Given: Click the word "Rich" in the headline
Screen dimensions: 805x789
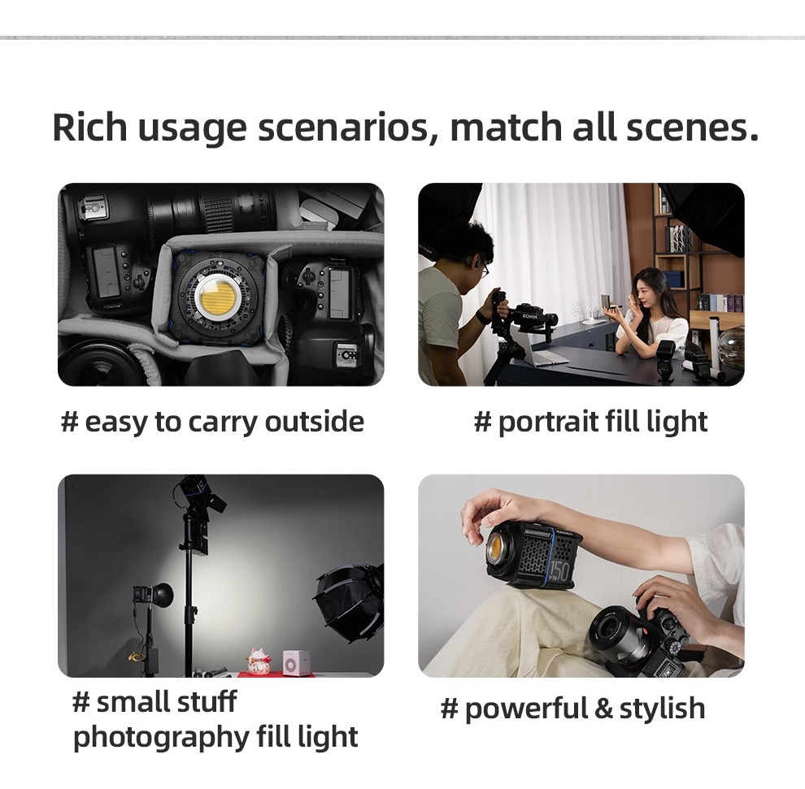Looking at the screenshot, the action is click(x=89, y=127).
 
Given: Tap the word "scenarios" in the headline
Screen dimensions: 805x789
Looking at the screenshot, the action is click(x=343, y=128).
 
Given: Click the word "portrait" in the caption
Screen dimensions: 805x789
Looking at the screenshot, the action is click(x=548, y=423).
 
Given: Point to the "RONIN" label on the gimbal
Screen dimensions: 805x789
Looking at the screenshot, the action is click(x=530, y=317).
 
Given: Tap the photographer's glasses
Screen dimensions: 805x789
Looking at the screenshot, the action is click(x=484, y=268).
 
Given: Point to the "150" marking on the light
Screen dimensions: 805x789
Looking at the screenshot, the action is click(x=561, y=570).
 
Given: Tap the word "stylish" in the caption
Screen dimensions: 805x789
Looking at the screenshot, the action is click(x=662, y=709).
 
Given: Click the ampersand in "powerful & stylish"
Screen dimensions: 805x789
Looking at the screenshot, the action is click(x=603, y=709).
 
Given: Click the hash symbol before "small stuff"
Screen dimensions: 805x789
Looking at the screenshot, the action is click(x=81, y=702).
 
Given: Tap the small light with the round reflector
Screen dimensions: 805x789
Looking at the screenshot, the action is click(x=153, y=595).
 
